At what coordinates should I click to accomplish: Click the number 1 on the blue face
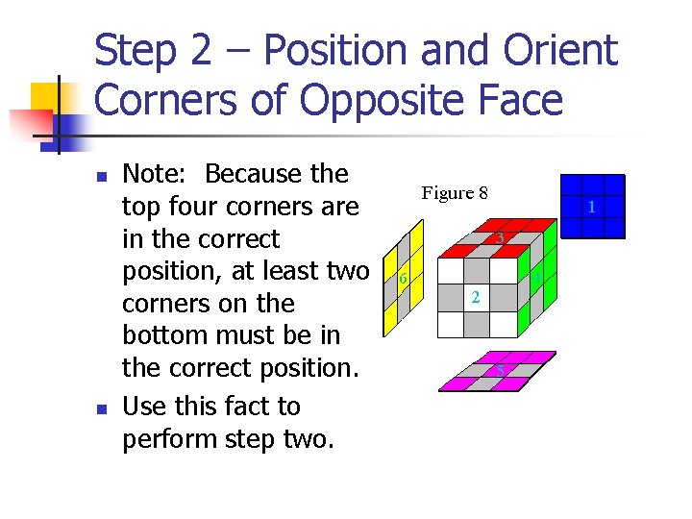[x=593, y=208]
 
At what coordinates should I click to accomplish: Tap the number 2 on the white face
[x=475, y=298]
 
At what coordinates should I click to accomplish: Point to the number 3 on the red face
[x=500, y=238]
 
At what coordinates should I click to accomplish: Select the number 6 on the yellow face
[x=403, y=280]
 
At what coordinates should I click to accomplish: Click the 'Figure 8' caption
[x=455, y=193]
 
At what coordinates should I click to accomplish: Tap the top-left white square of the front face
[x=450, y=271]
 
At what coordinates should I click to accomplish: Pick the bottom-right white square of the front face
[x=504, y=325]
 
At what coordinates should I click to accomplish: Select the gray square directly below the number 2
[x=477, y=325]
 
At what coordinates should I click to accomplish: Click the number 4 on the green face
[x=538, y=279]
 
